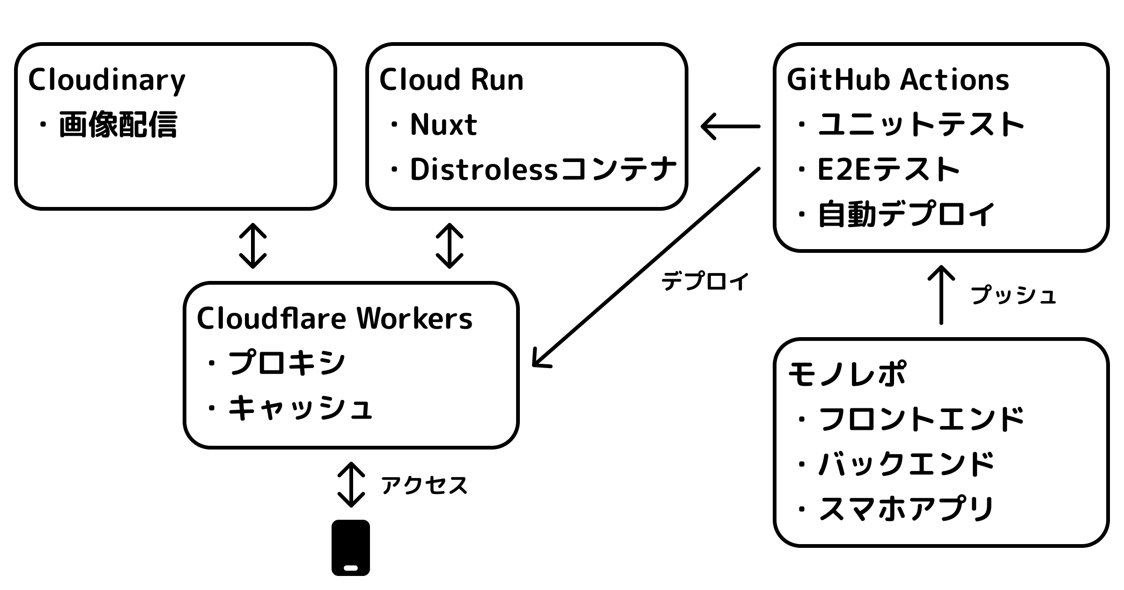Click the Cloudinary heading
(107, 81)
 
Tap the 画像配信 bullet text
(118, 125)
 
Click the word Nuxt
(444, 125)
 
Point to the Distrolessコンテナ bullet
(543, 169)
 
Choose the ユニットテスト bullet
(921, 125)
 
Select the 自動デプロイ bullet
(906, 214)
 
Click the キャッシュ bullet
(300, 407)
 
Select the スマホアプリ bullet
(906, 509)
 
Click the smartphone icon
(351, 547)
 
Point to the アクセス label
(424, 485)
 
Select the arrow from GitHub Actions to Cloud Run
(731, 126)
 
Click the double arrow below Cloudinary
(253, 246)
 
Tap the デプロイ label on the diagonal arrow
(705, 281)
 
